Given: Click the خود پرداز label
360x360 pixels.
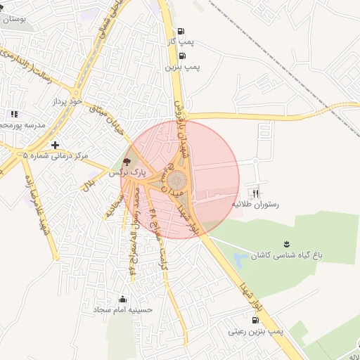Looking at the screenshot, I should point(67,102).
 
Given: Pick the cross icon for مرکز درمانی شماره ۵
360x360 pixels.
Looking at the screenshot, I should point(55,145).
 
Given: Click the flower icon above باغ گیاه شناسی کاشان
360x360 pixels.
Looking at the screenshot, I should point(285,243).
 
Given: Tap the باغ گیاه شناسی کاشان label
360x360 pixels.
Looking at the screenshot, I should point(288,255).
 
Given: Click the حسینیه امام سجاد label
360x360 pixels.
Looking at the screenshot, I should point(123,309).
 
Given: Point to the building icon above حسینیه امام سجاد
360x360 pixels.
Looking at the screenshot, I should point(124,298).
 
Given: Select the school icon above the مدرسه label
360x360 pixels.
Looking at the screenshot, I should point(13,115).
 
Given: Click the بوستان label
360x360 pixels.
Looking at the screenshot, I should point(13,19).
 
